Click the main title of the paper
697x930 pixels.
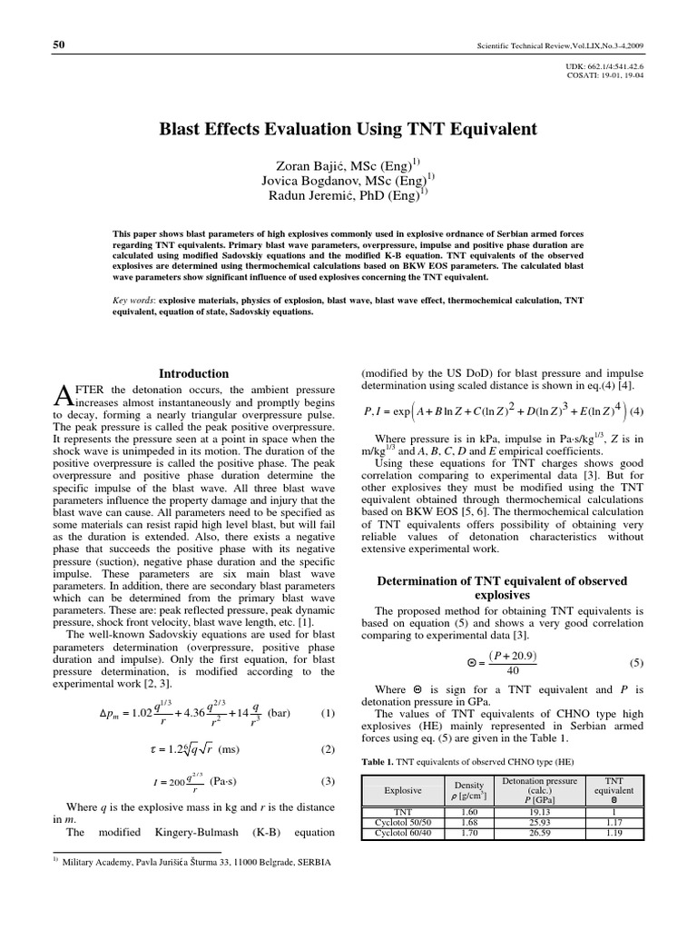point(348,130)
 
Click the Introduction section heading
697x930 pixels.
point(194,373)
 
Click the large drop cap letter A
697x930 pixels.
point(63,393)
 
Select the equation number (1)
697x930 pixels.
point(329,713)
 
